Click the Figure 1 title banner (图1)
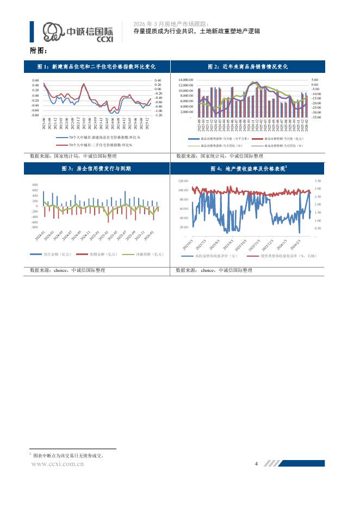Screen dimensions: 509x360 (96, 66)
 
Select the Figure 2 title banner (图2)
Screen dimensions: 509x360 (248, 66)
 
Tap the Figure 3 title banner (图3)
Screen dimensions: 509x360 (96, 169)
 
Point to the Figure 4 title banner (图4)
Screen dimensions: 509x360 (248, 169)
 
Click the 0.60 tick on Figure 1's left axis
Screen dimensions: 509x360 (35, 80)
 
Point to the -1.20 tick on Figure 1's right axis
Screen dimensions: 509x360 (158, 115)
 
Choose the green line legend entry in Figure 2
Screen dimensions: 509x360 (213, 146)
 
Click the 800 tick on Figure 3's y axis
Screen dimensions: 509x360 (35, 185)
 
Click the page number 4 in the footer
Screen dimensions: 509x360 (256, 463)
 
